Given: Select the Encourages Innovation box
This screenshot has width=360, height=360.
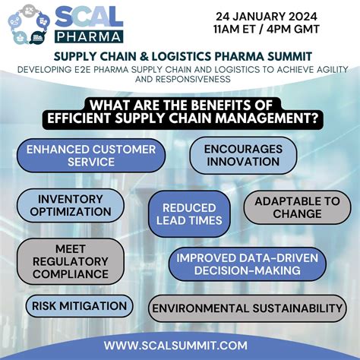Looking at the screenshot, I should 242,155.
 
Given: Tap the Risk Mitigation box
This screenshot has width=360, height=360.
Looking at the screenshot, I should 79,306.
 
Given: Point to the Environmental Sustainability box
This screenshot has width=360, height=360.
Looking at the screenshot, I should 248,308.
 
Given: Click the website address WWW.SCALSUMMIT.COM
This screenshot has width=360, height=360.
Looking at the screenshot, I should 176,345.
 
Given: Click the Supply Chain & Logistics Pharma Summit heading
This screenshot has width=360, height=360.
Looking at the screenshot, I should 180,57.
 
